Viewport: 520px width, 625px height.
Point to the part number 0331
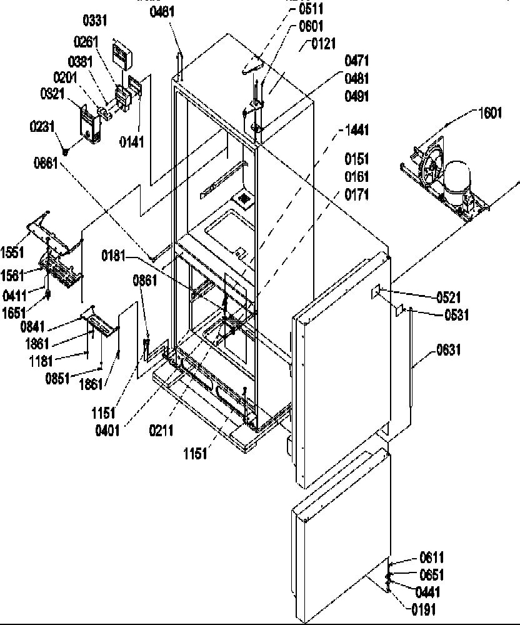click(96, 21)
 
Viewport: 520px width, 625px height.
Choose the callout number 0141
click(132, 142)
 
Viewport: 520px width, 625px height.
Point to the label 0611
click(431, 558)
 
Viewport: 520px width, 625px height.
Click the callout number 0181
click(116, 256)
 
